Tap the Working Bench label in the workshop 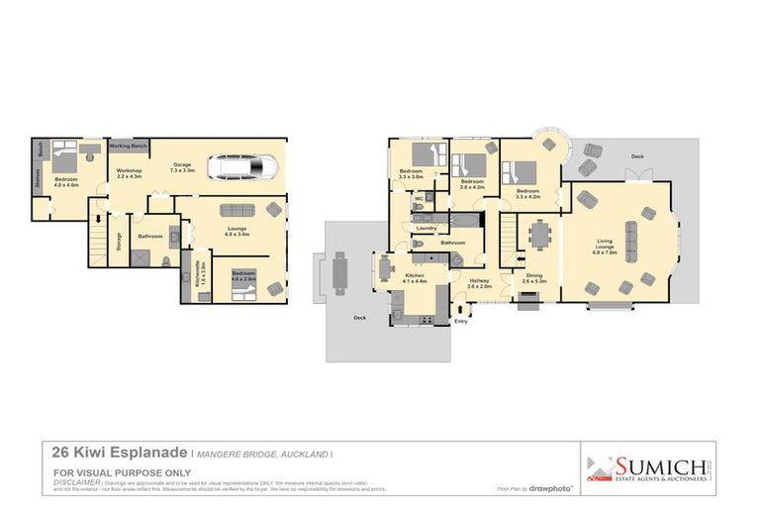coord(129,146)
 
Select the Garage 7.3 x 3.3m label coord(182,167)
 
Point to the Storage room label coord(119,241)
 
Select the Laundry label coord(427,228)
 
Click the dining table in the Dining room coord(540,236)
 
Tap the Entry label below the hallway coord(460,321)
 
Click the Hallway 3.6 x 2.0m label coord(479,283)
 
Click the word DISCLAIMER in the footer coord(77,481)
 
